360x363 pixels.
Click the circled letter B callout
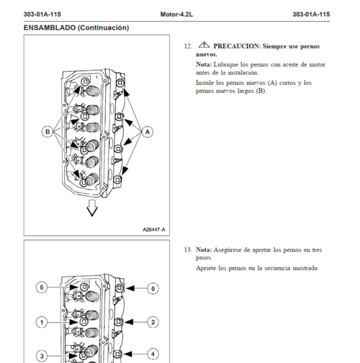(48, 132)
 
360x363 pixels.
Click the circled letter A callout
(148, 132)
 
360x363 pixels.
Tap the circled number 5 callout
(42, 287)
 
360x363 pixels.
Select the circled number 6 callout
(153, 288)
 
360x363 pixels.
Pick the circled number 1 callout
(42, 322)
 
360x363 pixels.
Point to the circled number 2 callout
(153, 322)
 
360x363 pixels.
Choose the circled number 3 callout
(42, 356)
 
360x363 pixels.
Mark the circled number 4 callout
(153, 354)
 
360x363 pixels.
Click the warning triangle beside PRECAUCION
(204, 45)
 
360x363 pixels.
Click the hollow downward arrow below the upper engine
(92, 208)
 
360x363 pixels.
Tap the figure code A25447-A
(154, 230)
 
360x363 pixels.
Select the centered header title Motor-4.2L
(176, 14)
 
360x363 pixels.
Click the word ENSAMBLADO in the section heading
(50, 27)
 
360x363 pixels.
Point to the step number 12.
(188, 46)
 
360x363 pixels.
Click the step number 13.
(188, 250)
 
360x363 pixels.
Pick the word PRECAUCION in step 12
(237, 46)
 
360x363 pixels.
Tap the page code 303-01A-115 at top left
(42, 14)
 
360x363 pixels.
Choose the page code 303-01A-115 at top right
(311, 14)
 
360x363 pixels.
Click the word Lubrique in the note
(225, 65)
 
